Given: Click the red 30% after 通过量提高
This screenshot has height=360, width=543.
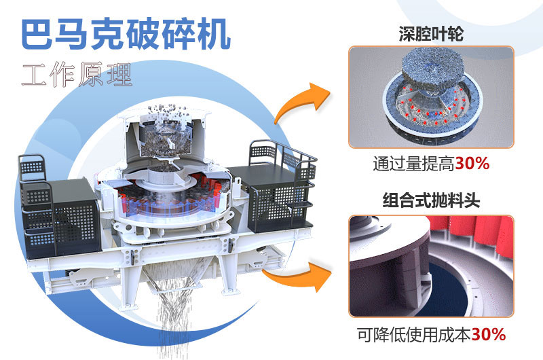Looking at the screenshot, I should [472, 164].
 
